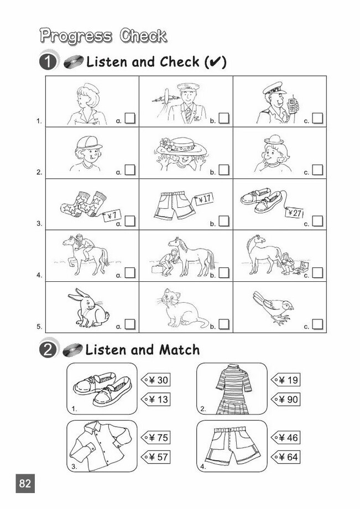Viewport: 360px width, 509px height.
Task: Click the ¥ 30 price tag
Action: pos(155,380)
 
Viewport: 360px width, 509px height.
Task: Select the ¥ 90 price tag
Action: pos(285,399)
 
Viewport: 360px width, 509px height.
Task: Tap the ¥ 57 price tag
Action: pos(155,457)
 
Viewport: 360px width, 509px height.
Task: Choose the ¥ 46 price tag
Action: pos(285,438)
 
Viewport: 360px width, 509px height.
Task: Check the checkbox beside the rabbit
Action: pos(130,324)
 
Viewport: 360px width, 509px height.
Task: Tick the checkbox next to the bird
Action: pos(317,324)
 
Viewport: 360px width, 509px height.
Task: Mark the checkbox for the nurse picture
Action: pos(130,118)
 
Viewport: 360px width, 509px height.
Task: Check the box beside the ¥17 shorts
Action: pos(223,221)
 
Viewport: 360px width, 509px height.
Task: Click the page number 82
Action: pos(25,484)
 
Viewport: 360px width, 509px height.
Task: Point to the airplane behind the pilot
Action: pos(166,97)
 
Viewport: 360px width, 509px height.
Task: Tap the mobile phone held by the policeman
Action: pos(293,104)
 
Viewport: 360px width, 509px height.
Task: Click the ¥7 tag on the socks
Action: pos(112,216)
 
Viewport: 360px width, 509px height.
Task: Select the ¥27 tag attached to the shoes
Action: pos(294,213)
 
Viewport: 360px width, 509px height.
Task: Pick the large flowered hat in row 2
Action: pos(181,147)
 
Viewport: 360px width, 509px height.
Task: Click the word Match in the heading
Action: pos(179,350)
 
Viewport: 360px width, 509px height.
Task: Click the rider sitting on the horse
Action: pos(81,246)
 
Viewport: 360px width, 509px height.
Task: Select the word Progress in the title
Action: pos(76,36)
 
